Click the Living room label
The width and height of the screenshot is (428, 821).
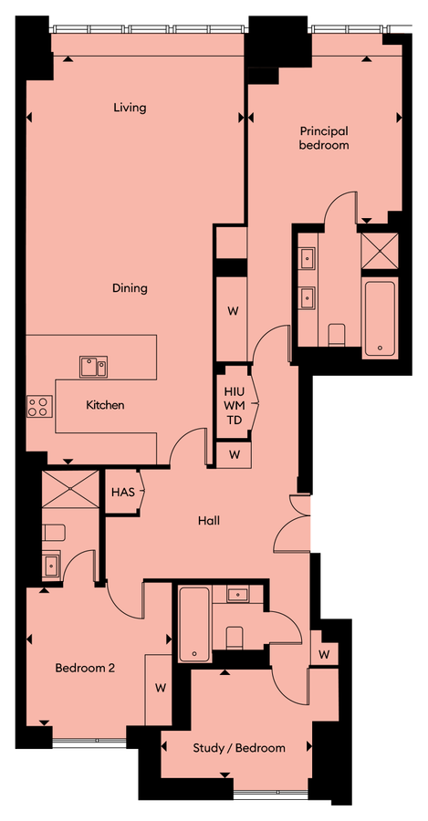pyautogui.click(x=130, y=108)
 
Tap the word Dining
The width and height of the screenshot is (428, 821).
pyautogui.click(x=130, y=288)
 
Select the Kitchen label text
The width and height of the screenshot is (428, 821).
pyautogui.click(x=105, y=405)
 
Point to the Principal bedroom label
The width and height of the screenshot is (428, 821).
pyautogui.click(x=324, y=138)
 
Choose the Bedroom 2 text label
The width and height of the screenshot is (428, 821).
pyautogui.click(x=85, y=668)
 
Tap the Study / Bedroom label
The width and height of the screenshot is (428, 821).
pyautogui.click(x=239, y=748)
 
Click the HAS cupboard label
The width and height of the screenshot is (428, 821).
pyautogui.click(x=123, y=493)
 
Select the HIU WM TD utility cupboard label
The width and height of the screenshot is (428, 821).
pyautogui.click(x=233, y=405)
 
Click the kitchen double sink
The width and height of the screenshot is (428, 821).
pyautogui.click(x=93, y=367)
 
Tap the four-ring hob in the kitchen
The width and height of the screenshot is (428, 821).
pyautogui.click(x=38, y=405)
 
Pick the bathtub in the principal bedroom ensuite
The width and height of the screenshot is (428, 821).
pyautogui.click(x=379, y=318)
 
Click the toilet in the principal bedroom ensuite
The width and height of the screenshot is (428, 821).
pyautogui.click(x=336, y=335)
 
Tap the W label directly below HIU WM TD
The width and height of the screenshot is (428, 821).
pyautogui.click(x=235, y=454)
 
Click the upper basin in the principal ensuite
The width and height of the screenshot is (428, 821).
pyautogui.click(x=307, y=255)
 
